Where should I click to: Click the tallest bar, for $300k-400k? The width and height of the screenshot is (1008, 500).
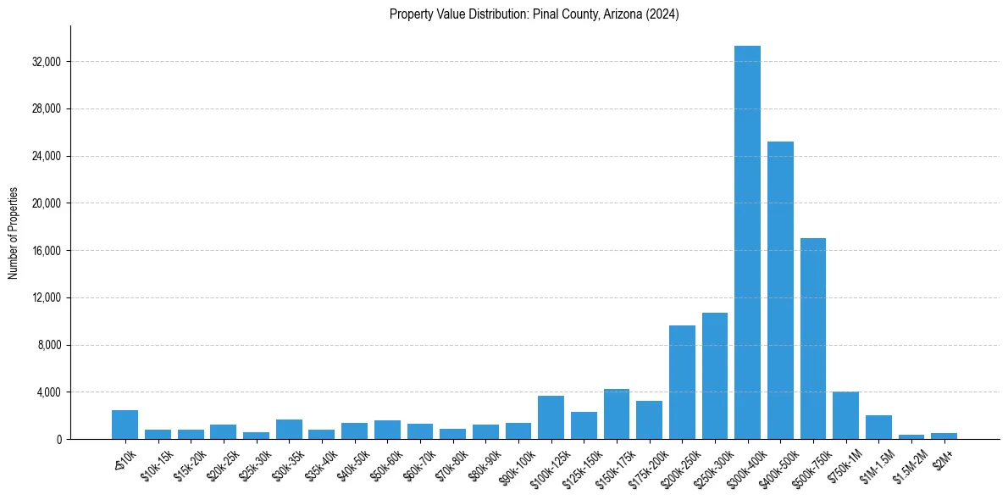coord(747,242)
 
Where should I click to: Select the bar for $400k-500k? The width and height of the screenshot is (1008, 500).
coord(780,290)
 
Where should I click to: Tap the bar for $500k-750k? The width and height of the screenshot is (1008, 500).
coord(813,339)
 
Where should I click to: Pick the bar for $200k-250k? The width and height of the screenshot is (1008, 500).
coord(682,382)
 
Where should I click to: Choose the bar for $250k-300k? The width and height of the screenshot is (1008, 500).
coord(715,376)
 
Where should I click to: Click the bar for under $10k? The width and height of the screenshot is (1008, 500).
coord(125,425)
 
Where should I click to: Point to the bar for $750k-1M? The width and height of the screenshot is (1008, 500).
coord(845,415)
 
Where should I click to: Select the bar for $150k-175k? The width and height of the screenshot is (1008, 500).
coord(616,414)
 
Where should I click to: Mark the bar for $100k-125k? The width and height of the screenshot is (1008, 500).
coord(551,418)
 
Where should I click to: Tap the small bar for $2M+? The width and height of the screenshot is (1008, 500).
coord(944,436)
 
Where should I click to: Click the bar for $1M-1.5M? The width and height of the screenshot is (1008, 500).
coord(878,427)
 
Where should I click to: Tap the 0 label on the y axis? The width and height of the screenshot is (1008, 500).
coord(58,440)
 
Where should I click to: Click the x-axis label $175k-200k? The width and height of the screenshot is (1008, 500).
coord(644,464)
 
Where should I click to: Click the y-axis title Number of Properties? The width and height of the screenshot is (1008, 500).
coord(14,233)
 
